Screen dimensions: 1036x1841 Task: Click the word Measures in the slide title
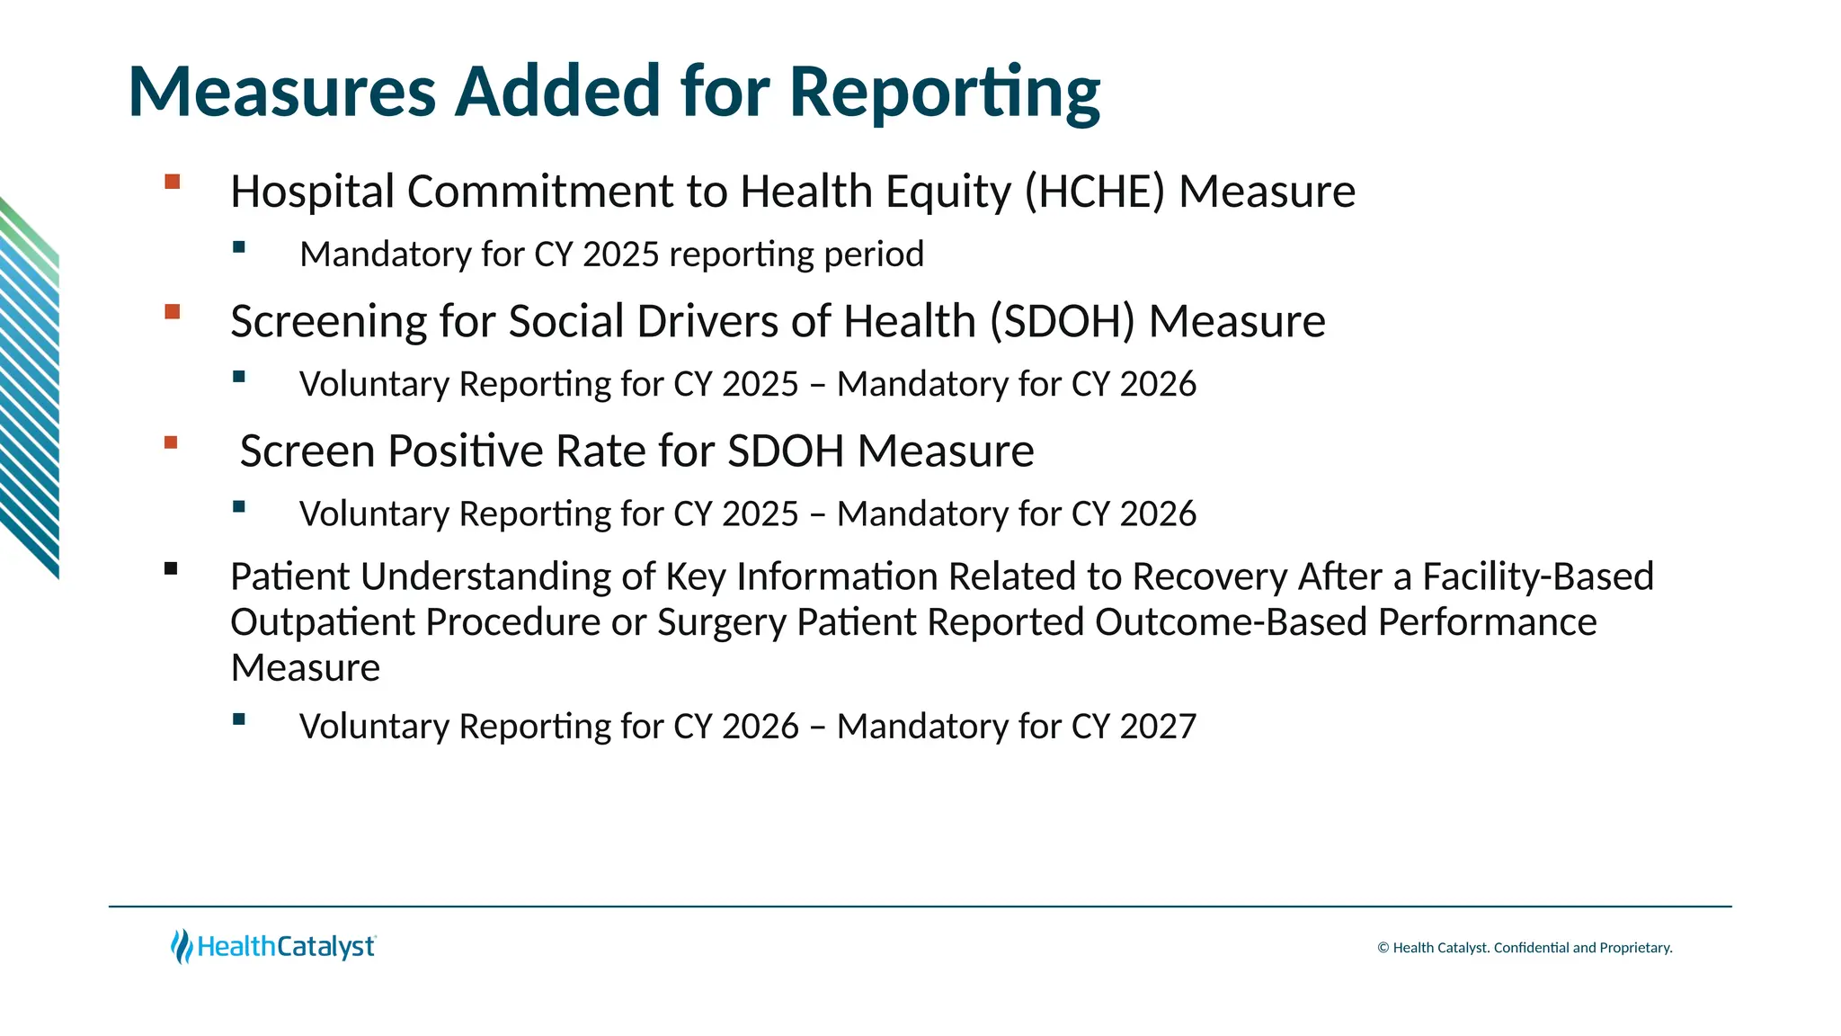click(x=281, y=93)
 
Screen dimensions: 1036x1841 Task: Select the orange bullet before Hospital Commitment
click(x=173, y=182)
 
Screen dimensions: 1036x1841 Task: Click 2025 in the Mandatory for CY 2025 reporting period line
click(x=621, y=255)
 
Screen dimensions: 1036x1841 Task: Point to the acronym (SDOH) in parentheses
click(x=1063, y=322)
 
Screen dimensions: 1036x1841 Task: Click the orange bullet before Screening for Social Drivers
click(x=173, y=312)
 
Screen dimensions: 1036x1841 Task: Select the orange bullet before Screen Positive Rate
click(x=172, y=442)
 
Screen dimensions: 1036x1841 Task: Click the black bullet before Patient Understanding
click(x=171, y=568)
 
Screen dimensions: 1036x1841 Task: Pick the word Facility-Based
click(x=1538, y=576)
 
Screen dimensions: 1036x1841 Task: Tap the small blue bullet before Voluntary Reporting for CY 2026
click(x=238, y=719)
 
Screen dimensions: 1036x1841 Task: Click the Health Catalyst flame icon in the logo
click(x=182, y=946)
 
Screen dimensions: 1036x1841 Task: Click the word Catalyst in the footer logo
click(x=325, y=947)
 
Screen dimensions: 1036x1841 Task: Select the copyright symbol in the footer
click(x=1383, y=948)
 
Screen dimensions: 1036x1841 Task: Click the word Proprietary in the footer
click(x=1635, y=948)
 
